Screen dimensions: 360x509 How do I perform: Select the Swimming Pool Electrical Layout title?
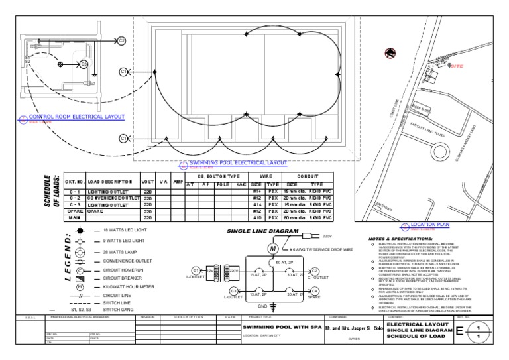[x=238, y=162]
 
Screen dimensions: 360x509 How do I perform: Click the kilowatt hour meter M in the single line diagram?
[x=271, y=247]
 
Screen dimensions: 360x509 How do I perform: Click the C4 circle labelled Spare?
[x=315, y=290]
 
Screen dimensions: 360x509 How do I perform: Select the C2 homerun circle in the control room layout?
[x=121, y=40]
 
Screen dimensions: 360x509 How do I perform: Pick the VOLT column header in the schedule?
[x=148, y=181]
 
